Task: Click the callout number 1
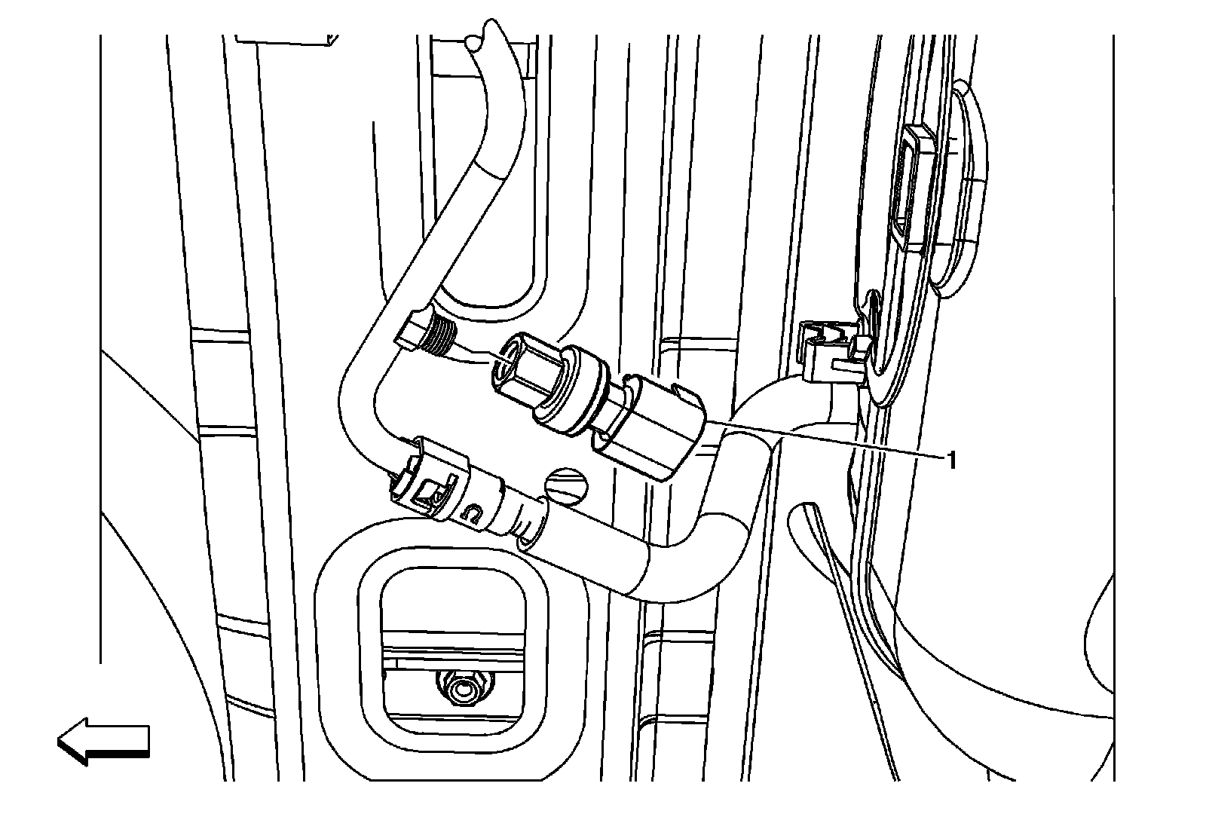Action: (x=951, y=459)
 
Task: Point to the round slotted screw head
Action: (x=563, y=484)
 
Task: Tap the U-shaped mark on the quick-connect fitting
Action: (x=471, y=514)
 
